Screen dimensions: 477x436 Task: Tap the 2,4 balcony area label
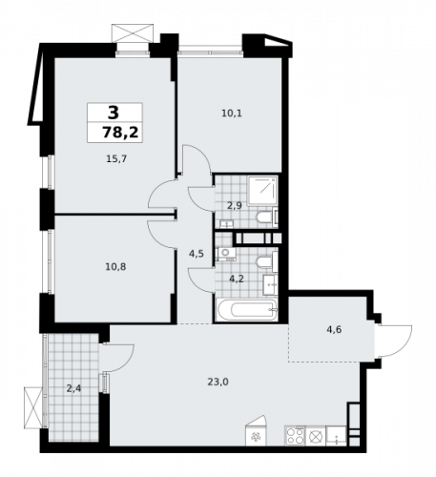[x=74, y=387]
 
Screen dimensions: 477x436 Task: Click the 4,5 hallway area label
[x=196, y=253]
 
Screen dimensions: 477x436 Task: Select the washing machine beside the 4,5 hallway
[x=226, y=254]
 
